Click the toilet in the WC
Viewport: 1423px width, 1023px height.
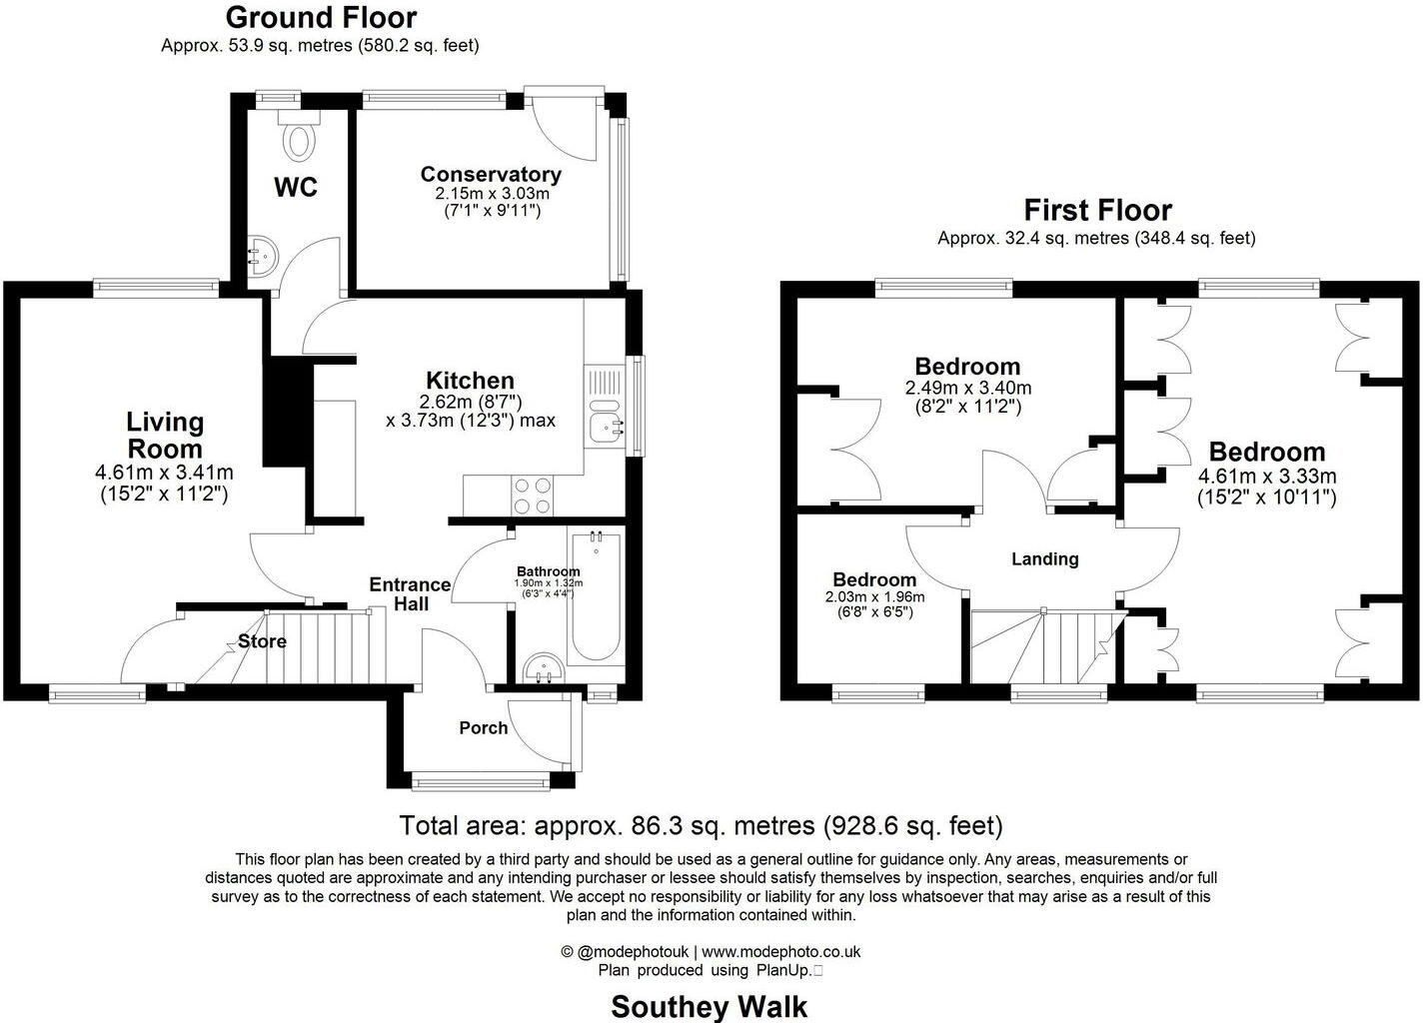pos(298,137)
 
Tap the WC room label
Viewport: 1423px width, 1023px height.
pos(296,187)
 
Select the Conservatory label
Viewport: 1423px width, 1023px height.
pos(490,174)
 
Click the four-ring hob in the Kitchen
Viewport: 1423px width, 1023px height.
pos(533,495)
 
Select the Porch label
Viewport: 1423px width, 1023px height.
pos(483,727)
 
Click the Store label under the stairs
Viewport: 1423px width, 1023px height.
pos(262,641)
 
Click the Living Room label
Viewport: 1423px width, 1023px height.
pos(165,436)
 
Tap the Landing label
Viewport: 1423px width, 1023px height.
pos(1044,558)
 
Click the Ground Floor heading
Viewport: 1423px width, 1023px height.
pos(321,17)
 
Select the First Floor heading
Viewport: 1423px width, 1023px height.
pos(1097,210)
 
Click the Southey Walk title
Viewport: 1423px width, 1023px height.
pos(709,1006)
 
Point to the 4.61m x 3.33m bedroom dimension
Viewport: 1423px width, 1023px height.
pos(1267,477)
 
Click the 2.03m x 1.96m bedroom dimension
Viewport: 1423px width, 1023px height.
pos(874,597)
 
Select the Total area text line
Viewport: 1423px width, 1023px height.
pos(701,826)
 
